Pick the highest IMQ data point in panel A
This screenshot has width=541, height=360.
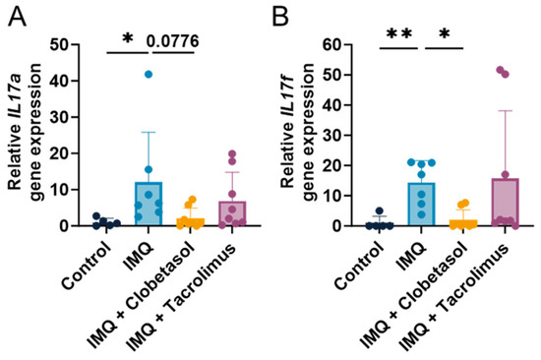(149, 75)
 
